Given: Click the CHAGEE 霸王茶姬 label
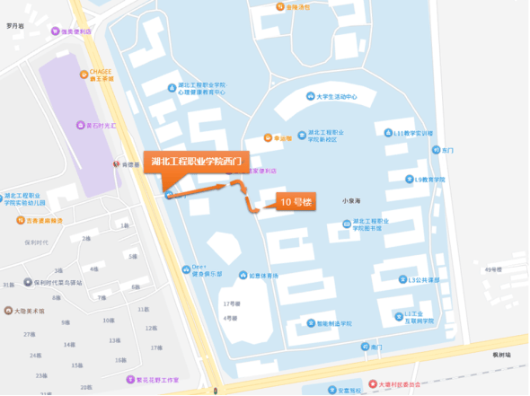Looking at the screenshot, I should [x=100, y=75].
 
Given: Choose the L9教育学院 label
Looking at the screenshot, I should [x=425, y=179].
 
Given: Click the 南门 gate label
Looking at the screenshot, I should [x=375, y=347].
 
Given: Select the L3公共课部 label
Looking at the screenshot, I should [x=421, y=279].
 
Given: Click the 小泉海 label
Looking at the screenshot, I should [x=351, y=202].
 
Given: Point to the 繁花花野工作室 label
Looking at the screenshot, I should [x=157, y=379].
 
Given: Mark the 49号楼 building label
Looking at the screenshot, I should [x=493, y=268].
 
